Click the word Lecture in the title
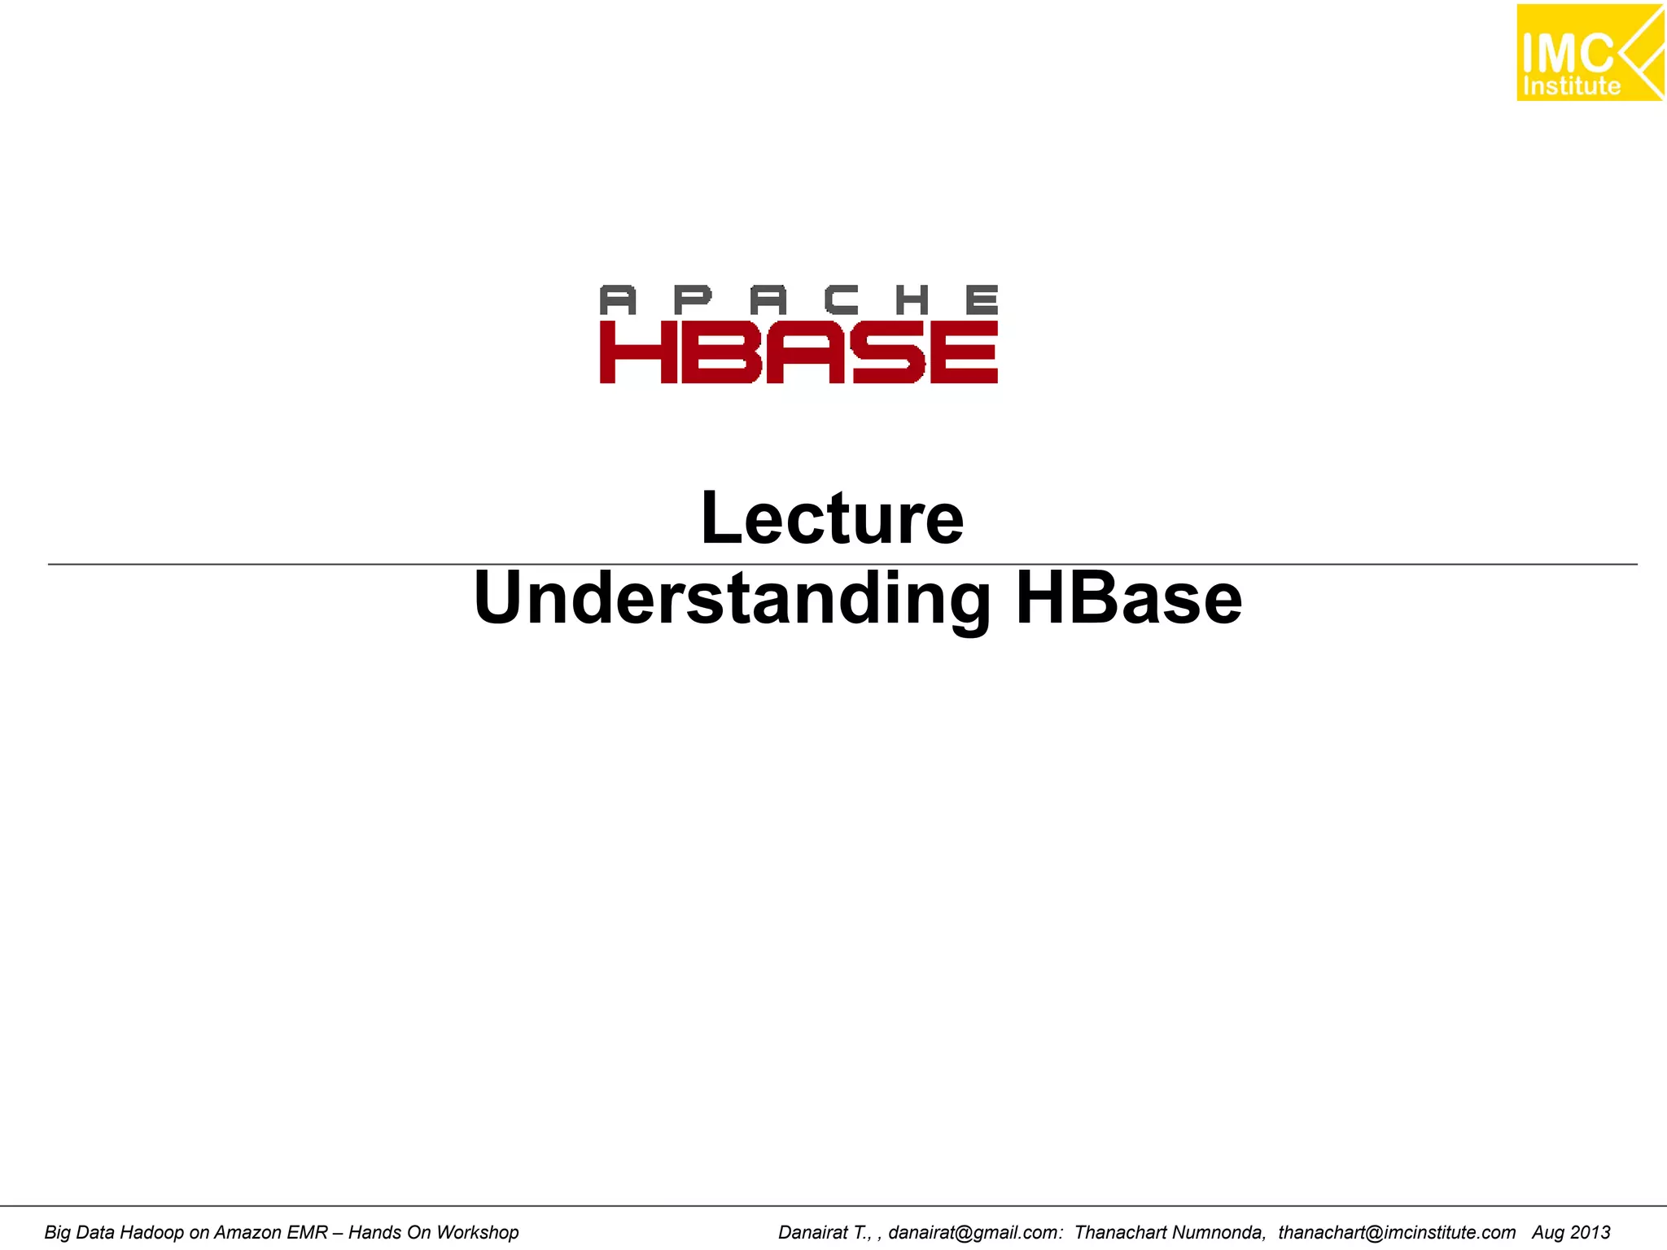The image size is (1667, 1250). click(x=832, y=518)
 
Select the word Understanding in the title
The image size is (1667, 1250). click(x=732, y=599)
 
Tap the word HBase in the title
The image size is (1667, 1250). click(x=1128, y=599)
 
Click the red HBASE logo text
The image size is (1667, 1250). click(x=798, y=352)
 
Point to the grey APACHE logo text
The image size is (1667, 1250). click(x=798, y=299)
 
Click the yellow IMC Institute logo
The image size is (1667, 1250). click(x=1589, y=53)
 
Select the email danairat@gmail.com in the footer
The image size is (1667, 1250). click(x=974, y=1232)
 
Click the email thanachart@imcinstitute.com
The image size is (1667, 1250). click(x=1397, y=1232)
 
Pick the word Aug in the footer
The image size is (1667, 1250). click(x=1547, y=1232)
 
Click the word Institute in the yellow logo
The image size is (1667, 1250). click(x=1571, y=86)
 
